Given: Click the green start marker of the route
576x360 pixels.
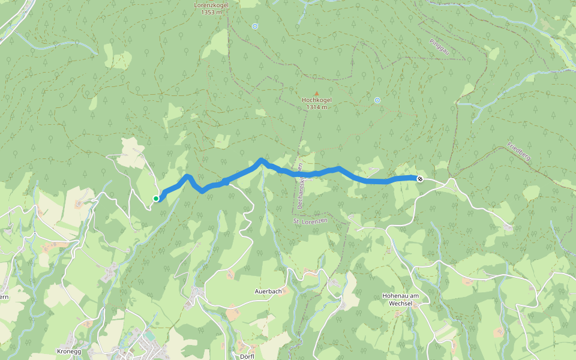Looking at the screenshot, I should [x=156, y=199].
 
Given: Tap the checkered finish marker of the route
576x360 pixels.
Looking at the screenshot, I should [x=420, y=178].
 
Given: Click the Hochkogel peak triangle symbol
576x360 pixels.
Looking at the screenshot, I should [x=317, y=93].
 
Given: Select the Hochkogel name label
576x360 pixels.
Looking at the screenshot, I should [x=317, y=100].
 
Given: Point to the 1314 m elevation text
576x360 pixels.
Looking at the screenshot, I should [x=317, y=107].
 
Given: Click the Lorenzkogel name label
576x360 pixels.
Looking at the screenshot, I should [x=209, y=4].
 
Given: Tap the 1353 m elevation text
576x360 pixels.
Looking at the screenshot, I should [x=209, y=11].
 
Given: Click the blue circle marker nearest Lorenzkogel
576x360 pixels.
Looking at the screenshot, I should [x=255, y=26].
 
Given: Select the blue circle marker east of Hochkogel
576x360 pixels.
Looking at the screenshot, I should [x=377, y=100].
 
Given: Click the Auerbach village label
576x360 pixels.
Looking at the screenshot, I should [x=268, y=292].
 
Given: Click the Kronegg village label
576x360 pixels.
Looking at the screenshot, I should [x=68, y=350].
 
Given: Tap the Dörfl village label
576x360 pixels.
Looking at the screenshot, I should [x=247, y=356].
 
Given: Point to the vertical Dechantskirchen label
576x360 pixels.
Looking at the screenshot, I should [x=300, y=186].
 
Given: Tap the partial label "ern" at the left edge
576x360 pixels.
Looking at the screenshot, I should [x=4, y=297].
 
